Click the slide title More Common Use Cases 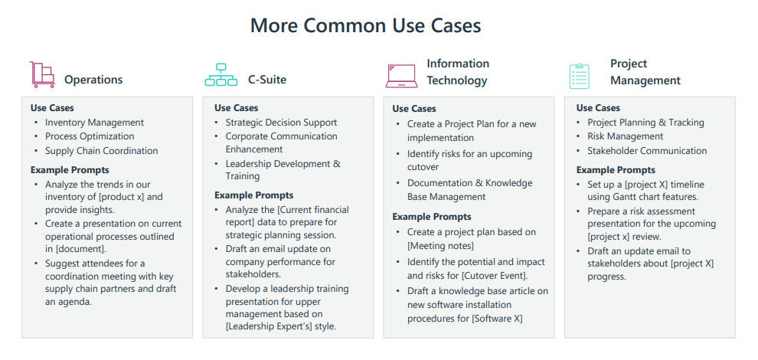pyautogui.click(x=365, y=25)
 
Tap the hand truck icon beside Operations pyautogui.click(x=42, y=74)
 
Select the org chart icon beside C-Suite pyautogui.click(x=221, y=75)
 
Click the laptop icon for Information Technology pyautogui.click(x=401, y=74)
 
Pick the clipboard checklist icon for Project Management pyautogui.click(x=579, y=75)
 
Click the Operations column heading pyautogui.click(x=93, y=80)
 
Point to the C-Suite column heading pyautogui.click(x=267, y=80)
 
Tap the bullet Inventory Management pyautogui.click(x=94, y=123)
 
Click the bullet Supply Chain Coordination pyautogui.click(x=101, y=151)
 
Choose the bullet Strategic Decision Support pyautogui.click(x=281, y=123)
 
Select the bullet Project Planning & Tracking pyautogui.click(x=645, y=123)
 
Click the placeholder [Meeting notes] pyautogui.click(x=439, y=246)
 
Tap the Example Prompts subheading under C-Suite pyautogui.click(x=253, y=195)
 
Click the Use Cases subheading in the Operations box pyautogui.click(x=52, y=108)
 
